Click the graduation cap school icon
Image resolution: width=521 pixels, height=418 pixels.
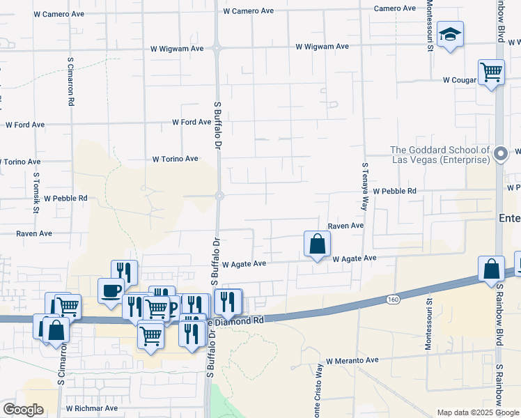[451, 34]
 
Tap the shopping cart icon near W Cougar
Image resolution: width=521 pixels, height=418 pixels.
[491, 72]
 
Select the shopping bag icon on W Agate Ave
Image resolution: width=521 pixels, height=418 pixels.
[317, 245]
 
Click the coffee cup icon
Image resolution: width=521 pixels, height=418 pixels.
[111, 291]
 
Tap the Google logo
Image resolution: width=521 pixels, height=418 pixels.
[23, 410]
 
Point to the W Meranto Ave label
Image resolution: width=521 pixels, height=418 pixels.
[352, 360]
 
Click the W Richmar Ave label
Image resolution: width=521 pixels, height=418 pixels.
[91, 408]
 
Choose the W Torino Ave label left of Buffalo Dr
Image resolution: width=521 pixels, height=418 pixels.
[175, 159]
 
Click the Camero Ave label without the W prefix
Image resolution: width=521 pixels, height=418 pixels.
[394, 8]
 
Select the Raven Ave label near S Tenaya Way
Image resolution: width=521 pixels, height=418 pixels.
[346, 226]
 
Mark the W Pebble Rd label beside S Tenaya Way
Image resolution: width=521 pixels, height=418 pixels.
[394, 191]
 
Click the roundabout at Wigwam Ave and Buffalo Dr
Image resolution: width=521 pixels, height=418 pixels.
[218, 49]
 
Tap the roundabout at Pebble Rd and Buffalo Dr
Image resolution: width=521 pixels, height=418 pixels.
[219, 196]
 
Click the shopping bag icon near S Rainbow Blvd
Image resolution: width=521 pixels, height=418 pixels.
[491, 269]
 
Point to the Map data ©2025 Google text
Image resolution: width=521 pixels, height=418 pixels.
[477, 412]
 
